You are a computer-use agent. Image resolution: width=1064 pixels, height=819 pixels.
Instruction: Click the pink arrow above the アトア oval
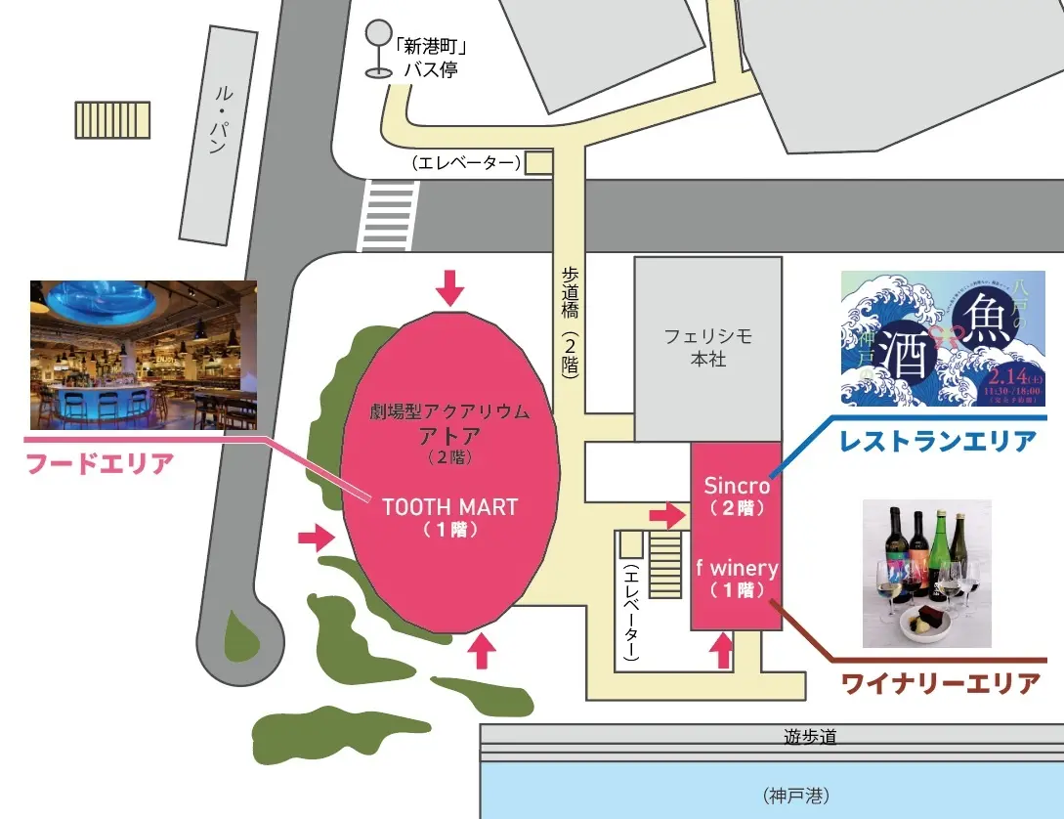(x=449, y=287)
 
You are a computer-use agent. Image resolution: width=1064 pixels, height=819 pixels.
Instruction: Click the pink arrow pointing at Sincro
(x=667, y=514)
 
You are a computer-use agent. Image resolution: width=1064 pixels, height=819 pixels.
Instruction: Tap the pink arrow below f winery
(x=723, y=650)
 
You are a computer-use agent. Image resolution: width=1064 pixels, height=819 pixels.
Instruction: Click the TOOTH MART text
(x=449, y=507)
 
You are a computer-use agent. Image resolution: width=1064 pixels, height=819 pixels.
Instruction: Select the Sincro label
(x=737, y=486)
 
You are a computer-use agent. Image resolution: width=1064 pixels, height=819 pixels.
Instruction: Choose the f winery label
(x=736, y=568)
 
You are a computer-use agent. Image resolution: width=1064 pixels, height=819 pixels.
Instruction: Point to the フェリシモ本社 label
(x=707, y=347)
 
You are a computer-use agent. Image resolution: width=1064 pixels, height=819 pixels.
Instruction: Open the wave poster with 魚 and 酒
(x=943, y=338)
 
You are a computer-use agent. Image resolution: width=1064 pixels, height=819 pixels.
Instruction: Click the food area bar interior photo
(x=144, y=355)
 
